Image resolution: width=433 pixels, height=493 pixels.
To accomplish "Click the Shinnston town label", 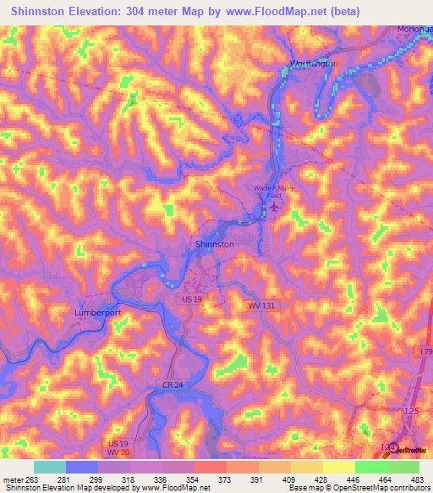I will [x=215, y=244].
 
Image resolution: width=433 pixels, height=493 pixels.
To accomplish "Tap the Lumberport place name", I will [x=99, y=312].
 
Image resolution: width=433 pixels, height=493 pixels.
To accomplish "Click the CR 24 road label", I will [x=175, y=385].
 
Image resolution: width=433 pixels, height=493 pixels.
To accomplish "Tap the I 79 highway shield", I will [x=425, y=351].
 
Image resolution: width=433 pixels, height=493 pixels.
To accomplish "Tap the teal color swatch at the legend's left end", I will [x=49, y=467].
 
